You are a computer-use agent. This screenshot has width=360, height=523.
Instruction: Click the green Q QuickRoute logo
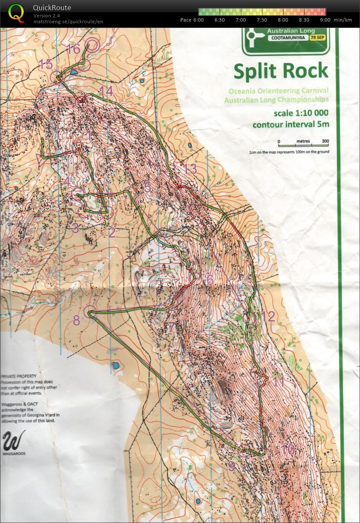(x=16, y=13)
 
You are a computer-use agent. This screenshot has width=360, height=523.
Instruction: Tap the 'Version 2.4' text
(x=46, y=16)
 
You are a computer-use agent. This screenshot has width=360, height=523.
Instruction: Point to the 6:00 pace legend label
(x=198, y=20)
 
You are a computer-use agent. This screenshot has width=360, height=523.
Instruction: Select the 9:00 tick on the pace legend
(x=325, y=20)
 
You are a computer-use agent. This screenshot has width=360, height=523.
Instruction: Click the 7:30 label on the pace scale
(x=262, y=20)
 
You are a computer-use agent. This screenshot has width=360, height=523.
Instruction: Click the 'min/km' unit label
(x=343, y=20)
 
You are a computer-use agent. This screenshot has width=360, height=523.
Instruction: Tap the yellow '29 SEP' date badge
(x=319, y=38)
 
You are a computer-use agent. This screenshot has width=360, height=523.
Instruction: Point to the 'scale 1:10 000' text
(x=301, y=113)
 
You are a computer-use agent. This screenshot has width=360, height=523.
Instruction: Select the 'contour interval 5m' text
(x=291, y=124)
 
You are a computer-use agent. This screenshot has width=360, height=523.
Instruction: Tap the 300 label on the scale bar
(x=325, y=141)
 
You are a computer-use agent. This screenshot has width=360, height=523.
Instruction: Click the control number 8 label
(x=76, y=320)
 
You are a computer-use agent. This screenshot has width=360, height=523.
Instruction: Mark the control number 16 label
(x=73, y=49)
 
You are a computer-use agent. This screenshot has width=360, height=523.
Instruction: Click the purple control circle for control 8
(x=89, y=312)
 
